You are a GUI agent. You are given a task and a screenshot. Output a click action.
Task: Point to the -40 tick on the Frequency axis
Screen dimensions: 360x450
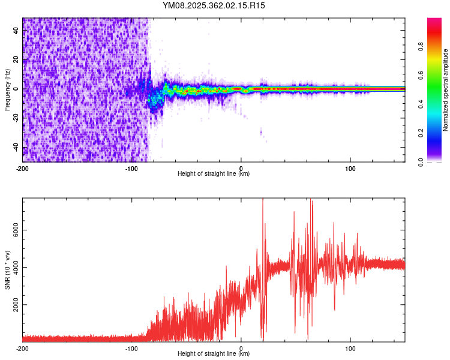(22, 148)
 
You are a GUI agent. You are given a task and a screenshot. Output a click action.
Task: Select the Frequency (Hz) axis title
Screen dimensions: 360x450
(7, 90)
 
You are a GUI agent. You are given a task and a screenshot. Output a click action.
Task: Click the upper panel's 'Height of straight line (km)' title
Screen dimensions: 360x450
(214, 174)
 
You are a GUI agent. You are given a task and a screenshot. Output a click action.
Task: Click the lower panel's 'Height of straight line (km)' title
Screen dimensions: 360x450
(214, 354)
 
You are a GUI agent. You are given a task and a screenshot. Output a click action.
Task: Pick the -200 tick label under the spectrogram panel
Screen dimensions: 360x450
(22, 168)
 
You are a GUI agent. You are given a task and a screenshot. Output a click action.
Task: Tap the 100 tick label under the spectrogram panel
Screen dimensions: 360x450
(350, 168)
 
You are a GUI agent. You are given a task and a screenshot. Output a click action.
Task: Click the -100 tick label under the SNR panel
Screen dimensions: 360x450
(131, 348)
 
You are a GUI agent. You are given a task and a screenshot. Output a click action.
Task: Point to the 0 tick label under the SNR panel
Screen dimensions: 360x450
(241, 348)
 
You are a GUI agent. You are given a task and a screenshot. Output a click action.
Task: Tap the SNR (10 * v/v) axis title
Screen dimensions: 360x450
(7, 270)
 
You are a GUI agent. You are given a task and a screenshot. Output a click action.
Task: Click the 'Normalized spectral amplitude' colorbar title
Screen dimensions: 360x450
(446, 90)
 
